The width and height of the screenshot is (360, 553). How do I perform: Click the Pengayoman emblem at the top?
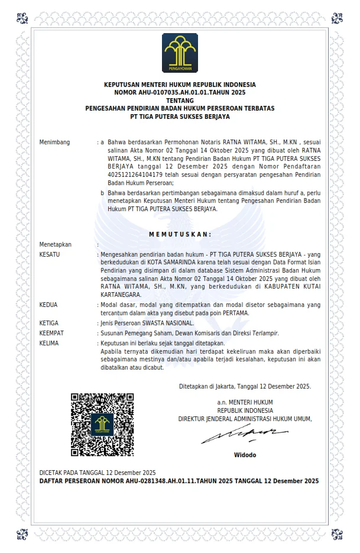[180, 53]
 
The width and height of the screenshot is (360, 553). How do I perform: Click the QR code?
[102, 424]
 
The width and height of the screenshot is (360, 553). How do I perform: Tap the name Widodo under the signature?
[245, 455]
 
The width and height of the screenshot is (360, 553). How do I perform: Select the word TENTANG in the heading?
[180, 101]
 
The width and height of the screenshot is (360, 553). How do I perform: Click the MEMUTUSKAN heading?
[180, 234]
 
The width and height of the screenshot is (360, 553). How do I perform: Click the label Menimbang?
[54, 143]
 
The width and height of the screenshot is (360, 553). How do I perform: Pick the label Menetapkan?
[55, 244]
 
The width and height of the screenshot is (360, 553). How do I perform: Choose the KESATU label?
[50, 254]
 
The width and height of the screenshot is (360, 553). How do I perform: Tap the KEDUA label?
[48, 305]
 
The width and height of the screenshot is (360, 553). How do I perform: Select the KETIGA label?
[50, 323]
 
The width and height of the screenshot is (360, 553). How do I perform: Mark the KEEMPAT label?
[51, 334]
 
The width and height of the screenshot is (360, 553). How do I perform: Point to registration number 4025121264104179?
[137, 176]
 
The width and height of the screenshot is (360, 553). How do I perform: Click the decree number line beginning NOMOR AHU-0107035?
[180, 93]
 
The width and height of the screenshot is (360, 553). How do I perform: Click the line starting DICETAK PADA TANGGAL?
[98, 473]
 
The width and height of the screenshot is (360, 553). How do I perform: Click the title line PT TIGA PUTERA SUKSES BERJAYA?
[180, 117]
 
